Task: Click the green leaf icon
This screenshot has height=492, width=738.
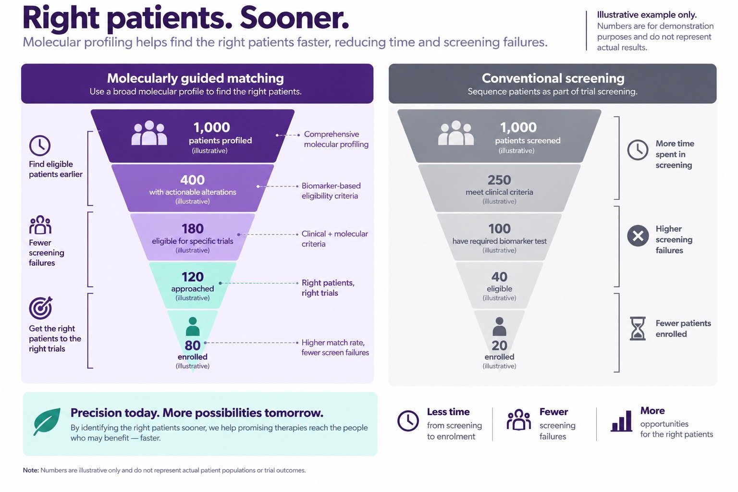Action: pyautogui.click(x=47, y=421)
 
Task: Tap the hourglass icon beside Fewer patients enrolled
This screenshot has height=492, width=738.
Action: pyautogui.click(x=638, y=329)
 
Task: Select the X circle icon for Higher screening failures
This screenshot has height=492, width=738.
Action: pyautogui.click(x=638, y=236)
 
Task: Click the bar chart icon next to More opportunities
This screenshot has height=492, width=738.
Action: pyautogui.click(x=621, y=421)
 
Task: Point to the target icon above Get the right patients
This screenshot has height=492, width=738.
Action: pyautogui.click(x=41, y=308)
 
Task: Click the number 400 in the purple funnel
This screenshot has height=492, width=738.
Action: pyautogui.click(x=192, y=180)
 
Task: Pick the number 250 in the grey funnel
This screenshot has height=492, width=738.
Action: pyautogui.click(x=499, y=180)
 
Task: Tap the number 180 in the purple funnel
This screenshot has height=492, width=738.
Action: pyautogui.click(x=192, y=229)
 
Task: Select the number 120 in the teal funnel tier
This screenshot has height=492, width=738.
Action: pyautogui.click(x=192, y=277)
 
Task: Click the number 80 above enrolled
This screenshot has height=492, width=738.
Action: pyautogui.click(x=192, y=345)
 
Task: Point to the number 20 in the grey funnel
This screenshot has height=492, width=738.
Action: pyautogui.click(x=499, y=345)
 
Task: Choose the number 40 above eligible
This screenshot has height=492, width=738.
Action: pyautogui.click(x=499, y=277)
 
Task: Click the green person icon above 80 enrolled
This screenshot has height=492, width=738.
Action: pyautogui.click(x=192, y=326)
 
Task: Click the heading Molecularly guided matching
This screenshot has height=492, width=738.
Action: pyautogui.click(x=196, y=78)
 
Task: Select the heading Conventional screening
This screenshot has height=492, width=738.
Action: pyautogui.click(x=553, y=78)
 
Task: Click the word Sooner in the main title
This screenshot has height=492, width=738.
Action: pyautogui.click(x=294, y=18)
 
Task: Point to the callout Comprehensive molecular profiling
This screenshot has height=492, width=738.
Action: pyautogui.click(x=336, y=139)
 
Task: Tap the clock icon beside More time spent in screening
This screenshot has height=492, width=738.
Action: pyautogui.click(x=638, y=150)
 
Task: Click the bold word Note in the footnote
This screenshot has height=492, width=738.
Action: pyautogui.click(x=31, y=470)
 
